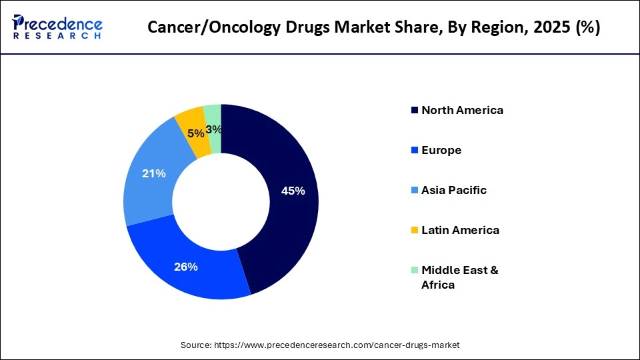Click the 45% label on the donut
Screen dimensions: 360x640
tap(293, 191)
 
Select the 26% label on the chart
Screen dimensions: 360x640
tap(186, 267)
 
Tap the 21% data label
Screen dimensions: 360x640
tap(153, 173)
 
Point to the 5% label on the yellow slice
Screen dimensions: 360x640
tap(196, 133)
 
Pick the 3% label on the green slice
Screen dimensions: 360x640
tap(213, 129)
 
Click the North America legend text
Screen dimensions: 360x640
tap(462, 110)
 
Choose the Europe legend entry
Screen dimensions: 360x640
tap(441, 150)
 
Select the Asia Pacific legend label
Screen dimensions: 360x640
tap(453, 190)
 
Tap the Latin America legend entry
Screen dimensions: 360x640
tap(460, 230)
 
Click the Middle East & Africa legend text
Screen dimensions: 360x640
tap(460, 277)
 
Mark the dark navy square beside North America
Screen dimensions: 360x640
tap(415, 110)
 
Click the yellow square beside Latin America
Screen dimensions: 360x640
tap(415, 230)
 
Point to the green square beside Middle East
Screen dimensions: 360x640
tap(415, 270)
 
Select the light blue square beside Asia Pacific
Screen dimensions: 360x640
tap(415, 190)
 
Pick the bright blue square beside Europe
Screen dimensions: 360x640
tap(415, 150)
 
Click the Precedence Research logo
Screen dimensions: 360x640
tap(57, 27)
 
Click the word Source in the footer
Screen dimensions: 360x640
tap(195, 345)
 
